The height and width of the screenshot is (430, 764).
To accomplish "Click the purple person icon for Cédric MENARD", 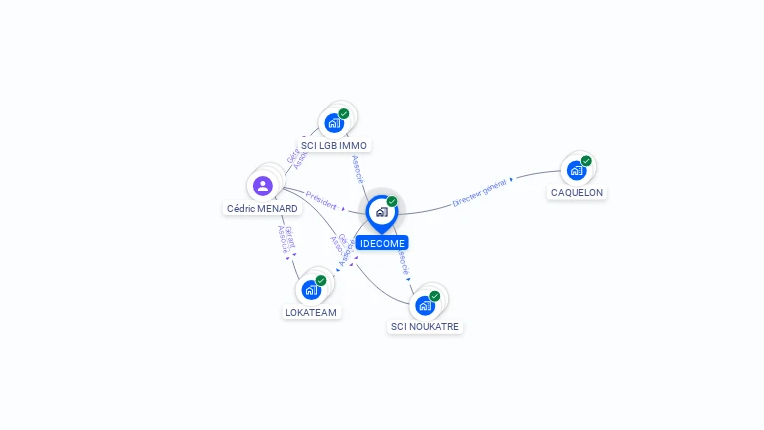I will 263,185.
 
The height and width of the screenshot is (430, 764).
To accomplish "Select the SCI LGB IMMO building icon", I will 334,123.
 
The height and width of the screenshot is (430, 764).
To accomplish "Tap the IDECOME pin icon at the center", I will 381,211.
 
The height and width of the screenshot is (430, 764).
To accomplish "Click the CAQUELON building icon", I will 576,170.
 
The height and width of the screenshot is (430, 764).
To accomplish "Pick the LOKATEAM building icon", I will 311,290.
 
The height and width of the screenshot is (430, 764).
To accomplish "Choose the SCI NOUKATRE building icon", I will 425,305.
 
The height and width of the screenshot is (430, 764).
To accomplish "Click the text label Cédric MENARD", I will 263,209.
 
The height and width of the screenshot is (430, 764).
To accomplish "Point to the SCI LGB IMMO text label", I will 334,146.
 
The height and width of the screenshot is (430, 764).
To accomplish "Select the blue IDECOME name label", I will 382,243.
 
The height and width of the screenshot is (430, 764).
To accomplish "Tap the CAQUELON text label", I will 577,193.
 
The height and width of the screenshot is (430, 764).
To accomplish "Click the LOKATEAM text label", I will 311,313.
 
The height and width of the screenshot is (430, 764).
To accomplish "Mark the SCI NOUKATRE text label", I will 426,327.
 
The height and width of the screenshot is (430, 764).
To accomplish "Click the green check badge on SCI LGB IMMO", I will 344,113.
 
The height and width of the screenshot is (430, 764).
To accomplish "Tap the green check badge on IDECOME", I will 392,201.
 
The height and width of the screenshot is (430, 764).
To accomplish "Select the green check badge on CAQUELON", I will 587,160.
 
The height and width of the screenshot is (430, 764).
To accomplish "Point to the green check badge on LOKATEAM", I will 321,280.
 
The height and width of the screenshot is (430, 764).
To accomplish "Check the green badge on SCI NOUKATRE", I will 435,295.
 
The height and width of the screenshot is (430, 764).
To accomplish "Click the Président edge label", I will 321,198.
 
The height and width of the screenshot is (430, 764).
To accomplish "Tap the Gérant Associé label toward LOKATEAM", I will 286,240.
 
